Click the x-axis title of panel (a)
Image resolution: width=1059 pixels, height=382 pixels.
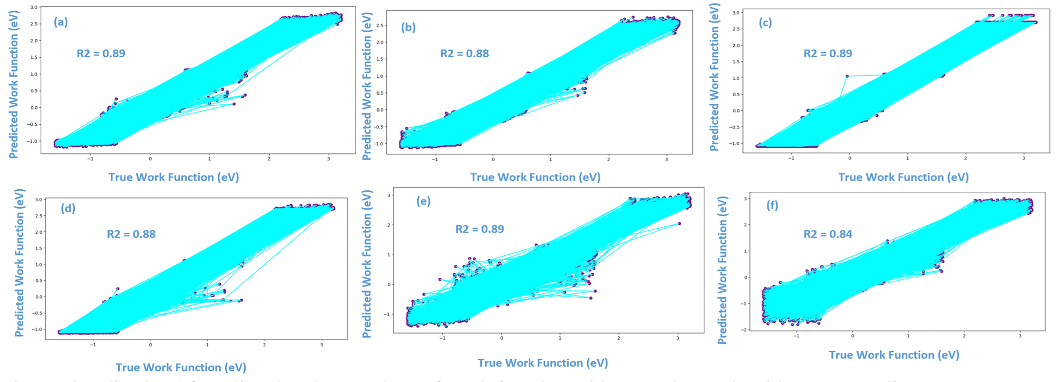(x=173, y=177)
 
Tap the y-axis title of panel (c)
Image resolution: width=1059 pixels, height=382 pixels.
(x=715, y=77)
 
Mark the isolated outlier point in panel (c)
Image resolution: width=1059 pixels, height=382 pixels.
(x=847, y=76)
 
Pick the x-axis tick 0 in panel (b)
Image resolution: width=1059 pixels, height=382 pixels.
(x=493, y=159)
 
